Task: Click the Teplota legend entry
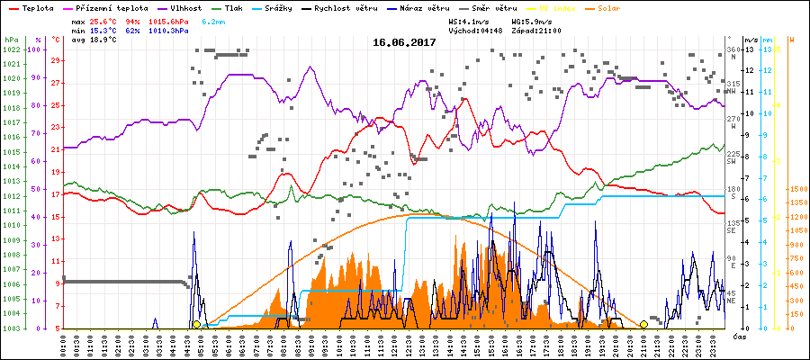coord(32,6)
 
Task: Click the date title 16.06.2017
coord(404,42)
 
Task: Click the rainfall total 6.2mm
coord(213,20)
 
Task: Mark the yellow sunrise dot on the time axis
coord(196,324)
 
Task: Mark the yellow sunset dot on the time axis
coord(643,324)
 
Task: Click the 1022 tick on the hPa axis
coord(11,49)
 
